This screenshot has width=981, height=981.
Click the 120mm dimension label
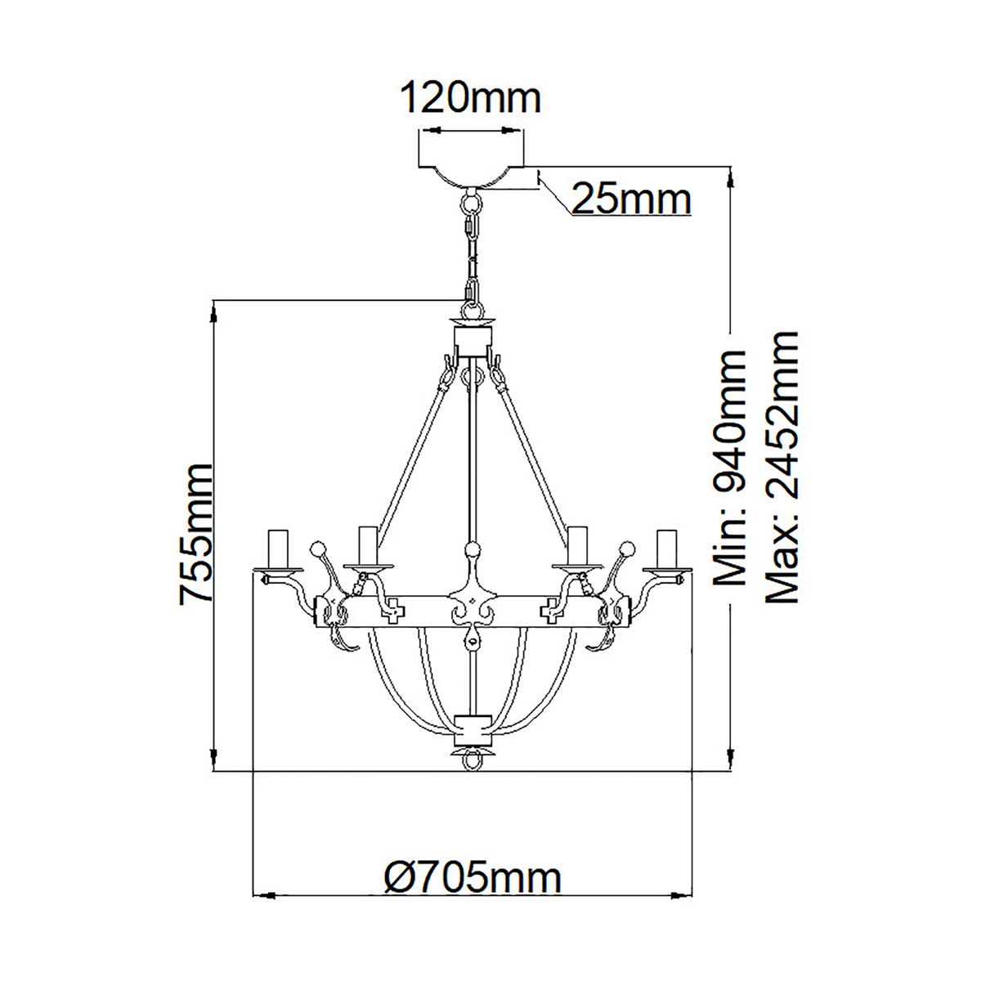pyautogui.click(x=470, y=99)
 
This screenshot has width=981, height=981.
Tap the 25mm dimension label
pyautogui.click(x=630, y=199)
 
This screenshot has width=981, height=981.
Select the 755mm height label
pyautogui.click(x=196, y=533)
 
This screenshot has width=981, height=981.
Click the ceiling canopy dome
pyautogui.click(x=471, y=174)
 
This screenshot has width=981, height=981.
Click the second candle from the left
pyautogui.click(x=367, y=544)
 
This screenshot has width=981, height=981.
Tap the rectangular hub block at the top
pyautogui.click(x=473, y=337)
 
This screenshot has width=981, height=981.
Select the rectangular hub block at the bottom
pyautogui.click(x=473, y=724)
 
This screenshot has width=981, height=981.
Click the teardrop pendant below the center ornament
pyautogui.click(x=472, y=638)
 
